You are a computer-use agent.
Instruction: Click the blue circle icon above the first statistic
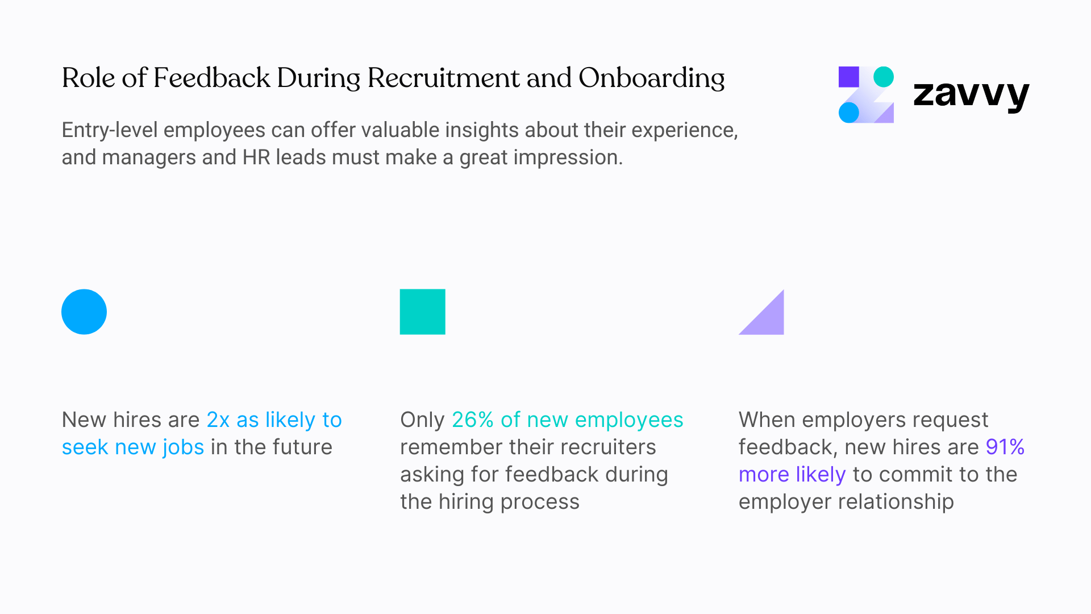click(84, 312)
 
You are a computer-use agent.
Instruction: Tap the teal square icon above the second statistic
click(422, 312)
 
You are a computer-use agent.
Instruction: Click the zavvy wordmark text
click(971, 94)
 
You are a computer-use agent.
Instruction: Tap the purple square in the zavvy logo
click(848, 77)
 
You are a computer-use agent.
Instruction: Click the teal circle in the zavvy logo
click(883, 77)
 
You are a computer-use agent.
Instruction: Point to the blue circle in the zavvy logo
click(848, 113)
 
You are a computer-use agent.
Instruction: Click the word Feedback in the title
click(211, 78)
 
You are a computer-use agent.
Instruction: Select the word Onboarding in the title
click(651, 78)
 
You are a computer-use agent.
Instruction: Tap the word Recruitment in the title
click(443, 78)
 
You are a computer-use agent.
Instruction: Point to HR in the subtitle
click(256, 157)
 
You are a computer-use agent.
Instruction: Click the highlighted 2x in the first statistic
click(218, 420)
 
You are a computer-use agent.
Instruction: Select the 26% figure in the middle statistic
click(472, 420)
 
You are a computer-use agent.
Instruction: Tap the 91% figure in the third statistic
click(1005, 447)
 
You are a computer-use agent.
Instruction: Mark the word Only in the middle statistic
click(422, 420)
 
